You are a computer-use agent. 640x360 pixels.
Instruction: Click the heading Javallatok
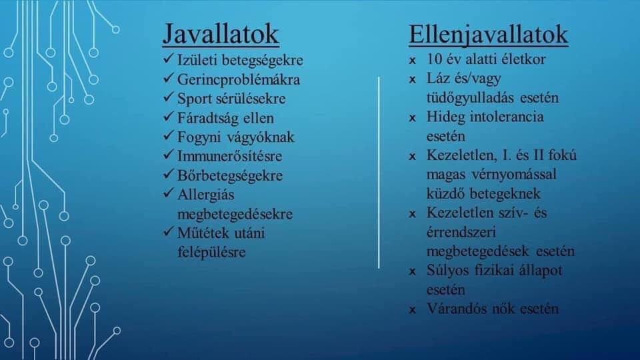pos(221,34)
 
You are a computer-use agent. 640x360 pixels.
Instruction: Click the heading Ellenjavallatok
pos(488,34)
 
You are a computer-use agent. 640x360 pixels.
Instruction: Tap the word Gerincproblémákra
pos(239,79)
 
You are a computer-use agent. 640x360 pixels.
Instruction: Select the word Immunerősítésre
pos(229,156)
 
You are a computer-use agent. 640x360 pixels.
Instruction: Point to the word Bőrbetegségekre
pos(230,175)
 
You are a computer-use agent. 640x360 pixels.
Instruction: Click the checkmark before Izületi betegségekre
pos(169,59)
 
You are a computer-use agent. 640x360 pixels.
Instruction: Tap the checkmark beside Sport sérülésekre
pos(169,97)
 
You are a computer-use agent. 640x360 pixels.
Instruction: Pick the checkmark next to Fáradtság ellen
pos(169,117)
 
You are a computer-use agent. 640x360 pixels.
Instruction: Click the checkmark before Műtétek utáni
pos(169,232)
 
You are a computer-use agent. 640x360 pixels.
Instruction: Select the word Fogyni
pos(198,137)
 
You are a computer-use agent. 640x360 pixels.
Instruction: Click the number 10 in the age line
pos(434,59)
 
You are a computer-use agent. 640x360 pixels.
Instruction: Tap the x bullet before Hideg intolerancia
pos(413,119)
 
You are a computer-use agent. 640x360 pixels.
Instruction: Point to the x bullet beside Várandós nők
pos(413,310)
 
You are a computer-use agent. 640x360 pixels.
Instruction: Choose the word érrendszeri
pos(461,232)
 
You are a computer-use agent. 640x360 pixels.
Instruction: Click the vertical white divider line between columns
pos(379,172)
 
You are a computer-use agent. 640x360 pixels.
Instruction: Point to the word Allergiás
pos(206,195)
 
